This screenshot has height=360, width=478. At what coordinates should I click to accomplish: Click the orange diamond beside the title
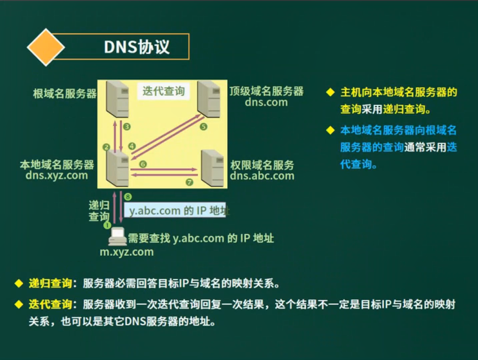(x=46, y=47)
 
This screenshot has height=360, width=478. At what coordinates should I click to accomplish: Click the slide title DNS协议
(x=136, y=47)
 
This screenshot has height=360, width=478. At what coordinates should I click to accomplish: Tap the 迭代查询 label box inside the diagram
(x=163, y=91)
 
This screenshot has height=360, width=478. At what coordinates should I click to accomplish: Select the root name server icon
(x=117, y=99)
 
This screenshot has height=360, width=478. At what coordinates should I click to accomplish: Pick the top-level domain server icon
(x=209, y=99)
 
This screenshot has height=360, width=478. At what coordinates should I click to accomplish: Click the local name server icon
(x=117, y=168)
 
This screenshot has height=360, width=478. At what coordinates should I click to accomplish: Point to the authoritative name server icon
(x=213, y=168)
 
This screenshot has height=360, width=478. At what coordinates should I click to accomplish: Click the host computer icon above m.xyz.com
(x=117, y=237)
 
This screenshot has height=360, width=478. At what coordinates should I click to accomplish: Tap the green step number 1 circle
(x=107, y=225)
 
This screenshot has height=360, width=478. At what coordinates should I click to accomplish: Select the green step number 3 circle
(x=127, y=126)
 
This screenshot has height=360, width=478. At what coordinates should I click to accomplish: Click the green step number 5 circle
(x=203, y=127)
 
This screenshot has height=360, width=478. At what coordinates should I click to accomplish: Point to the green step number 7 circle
(x=189, y=182)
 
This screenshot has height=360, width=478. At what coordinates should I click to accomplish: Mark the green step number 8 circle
(x=128, y=197)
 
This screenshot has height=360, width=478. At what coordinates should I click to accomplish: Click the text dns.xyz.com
(x=57, y=175)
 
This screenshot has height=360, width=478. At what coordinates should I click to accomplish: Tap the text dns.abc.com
(x=262, y=176)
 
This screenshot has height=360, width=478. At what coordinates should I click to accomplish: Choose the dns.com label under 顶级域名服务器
(x=266, y=103)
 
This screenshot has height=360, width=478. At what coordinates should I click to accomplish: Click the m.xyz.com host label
(x=127, y=252)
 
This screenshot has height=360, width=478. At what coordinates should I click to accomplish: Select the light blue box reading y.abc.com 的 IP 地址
(x=175, y=210)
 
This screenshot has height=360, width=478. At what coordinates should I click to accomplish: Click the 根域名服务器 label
(x=65, y=94)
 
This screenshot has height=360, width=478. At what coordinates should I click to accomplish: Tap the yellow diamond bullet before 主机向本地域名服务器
(x=330, y=92)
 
